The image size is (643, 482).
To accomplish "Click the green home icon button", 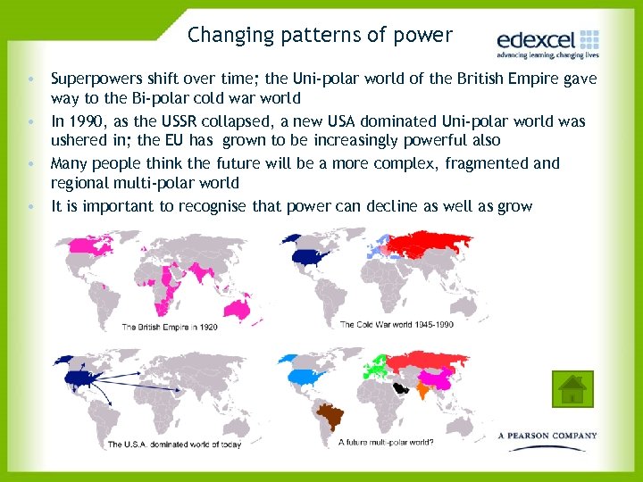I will click(x=572, y=388).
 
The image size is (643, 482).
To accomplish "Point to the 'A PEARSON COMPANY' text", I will click(x=547, y=436).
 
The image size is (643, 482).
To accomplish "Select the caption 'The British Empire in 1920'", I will click(x=170, y=327).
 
